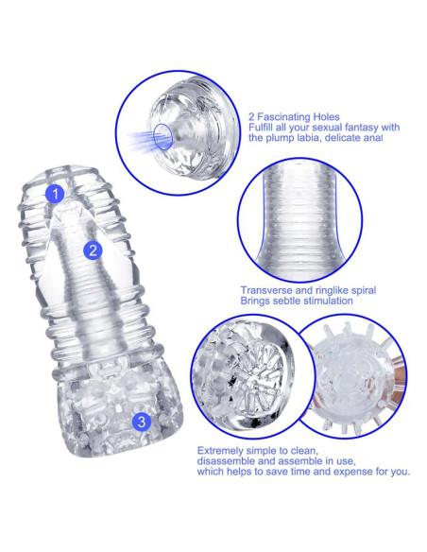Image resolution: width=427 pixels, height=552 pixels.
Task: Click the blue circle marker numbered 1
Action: tap(55, 194)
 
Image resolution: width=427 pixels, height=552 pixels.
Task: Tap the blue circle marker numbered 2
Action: tap(93, 250)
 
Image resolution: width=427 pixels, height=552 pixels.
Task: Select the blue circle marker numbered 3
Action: tap(142, 422)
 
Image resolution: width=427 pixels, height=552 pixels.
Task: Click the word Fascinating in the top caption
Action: tap(283, 117)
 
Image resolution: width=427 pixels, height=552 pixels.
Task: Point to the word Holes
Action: tap(326, 117)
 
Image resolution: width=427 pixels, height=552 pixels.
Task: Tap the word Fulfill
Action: tap(261, 127)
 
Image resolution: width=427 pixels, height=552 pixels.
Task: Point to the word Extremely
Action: tap(220, 451)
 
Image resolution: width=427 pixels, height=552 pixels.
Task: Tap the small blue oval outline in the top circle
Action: tap(163, 136)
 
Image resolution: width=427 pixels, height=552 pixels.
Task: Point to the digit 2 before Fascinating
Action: tap(251, 117)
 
